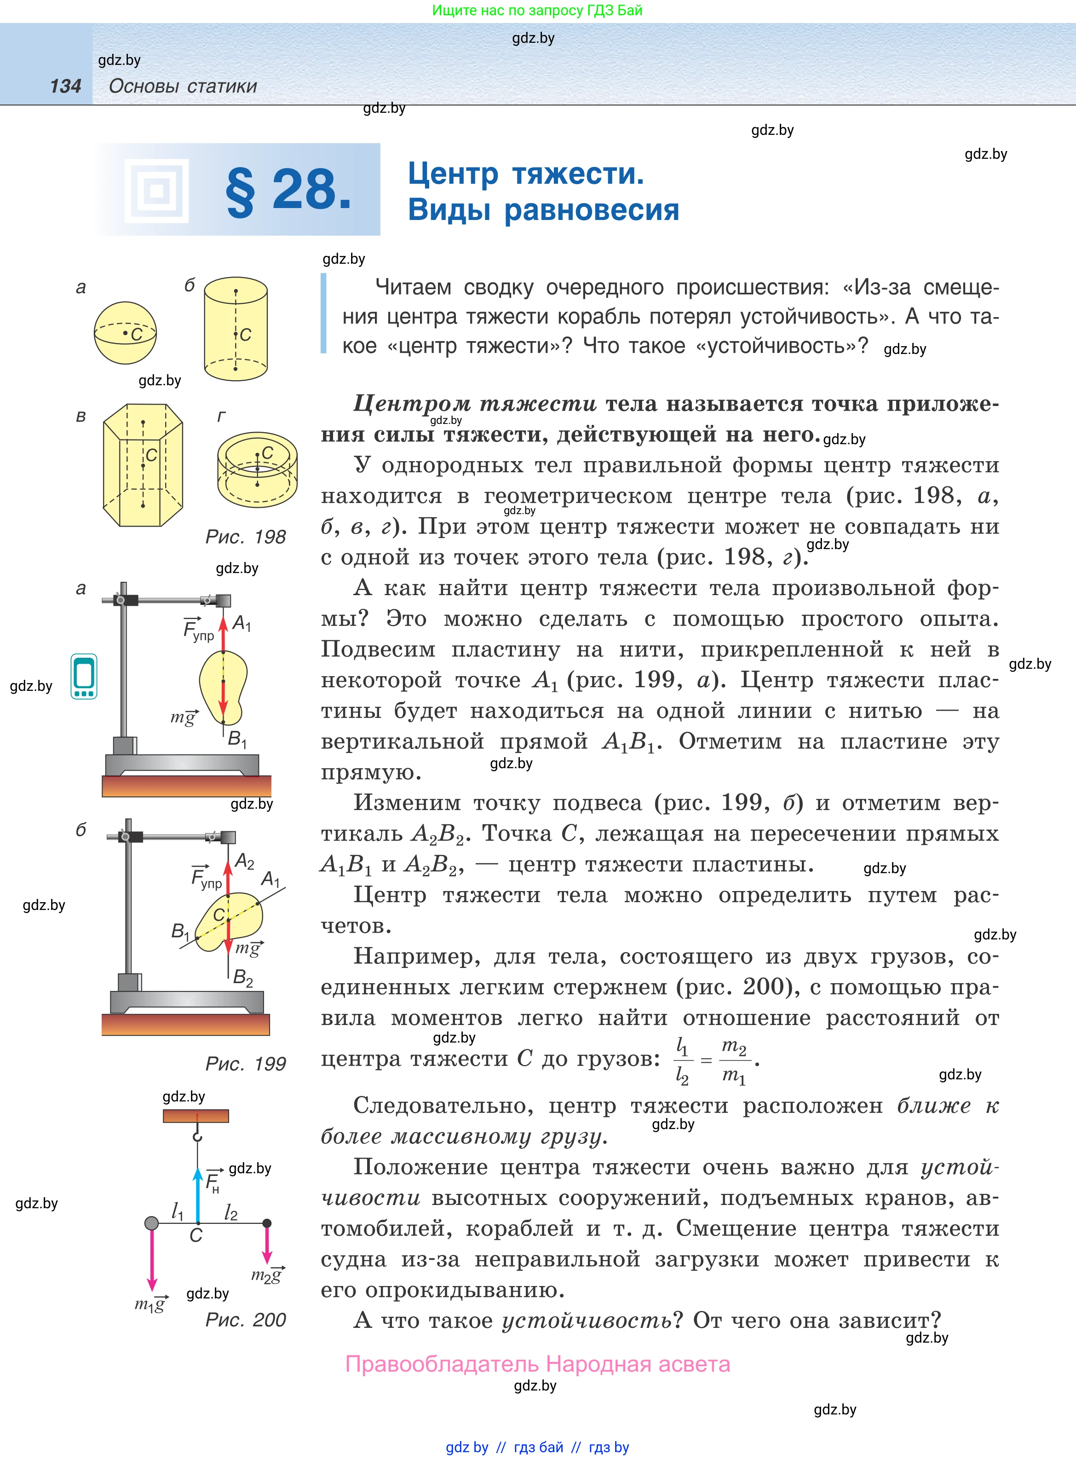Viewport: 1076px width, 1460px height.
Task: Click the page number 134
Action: pyautogui.click(x=65, y=86)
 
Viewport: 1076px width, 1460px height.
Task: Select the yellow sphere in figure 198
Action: pyautogui.click(x=125, y=332)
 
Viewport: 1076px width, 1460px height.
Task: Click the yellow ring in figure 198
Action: pyautogui.click(x=257, y=469)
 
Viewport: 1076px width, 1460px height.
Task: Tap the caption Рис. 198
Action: pyautogui.click(x=246, y=537)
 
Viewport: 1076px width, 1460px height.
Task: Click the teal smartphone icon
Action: pyautogui.click(x=84, y=676)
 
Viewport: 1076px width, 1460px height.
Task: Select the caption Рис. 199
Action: pyautogui.click(x=246, y=1064)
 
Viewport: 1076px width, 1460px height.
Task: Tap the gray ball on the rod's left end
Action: pyautogui.click(x=151, y=1223)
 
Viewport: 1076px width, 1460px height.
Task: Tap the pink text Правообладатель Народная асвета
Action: pyautogui.click(x=537, y=1364)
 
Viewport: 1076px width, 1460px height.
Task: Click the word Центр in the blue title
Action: pyautogui.click(x=453, y=174)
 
